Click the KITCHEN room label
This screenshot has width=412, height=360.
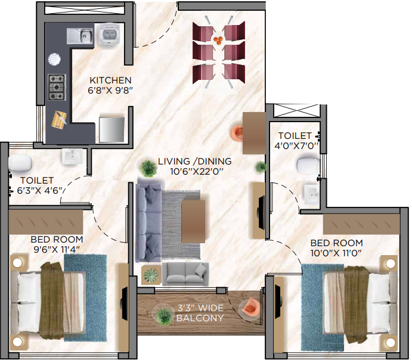tap(110, 80)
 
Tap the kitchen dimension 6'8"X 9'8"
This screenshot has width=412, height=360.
tap(110, 91)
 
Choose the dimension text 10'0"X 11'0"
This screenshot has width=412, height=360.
tap(337, 253)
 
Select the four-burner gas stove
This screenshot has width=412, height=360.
tap(57, 87)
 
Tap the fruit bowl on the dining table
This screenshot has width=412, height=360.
tap(218, 40)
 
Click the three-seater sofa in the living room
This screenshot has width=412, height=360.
tap(148, 222)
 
